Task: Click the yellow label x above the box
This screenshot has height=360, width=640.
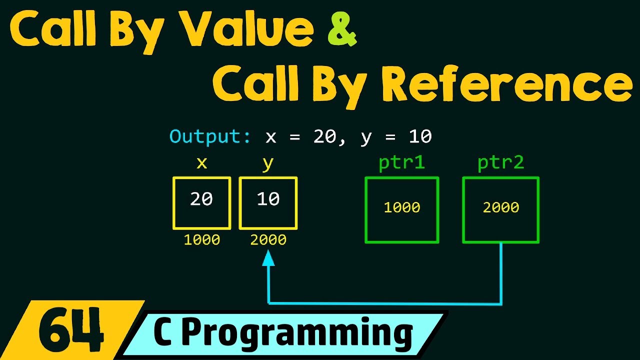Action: (201, 163)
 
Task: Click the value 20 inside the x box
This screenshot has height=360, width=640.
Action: (201, 199)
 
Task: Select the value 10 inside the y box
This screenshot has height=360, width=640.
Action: (268, 199)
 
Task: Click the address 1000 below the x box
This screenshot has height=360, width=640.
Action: (201, 240)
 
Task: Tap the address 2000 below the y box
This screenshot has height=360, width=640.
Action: (268, 240)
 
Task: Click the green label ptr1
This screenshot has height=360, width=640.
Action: (401, 163)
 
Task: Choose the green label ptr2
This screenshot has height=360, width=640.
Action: (500, 163)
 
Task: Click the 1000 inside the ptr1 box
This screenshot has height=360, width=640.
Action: (401, 207)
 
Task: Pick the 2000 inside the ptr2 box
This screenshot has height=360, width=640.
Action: (500, 207)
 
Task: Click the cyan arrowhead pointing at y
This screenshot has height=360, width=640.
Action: (268, 258)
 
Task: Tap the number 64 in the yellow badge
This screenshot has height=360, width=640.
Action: (70, 330)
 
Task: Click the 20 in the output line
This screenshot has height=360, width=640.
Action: (325, 136)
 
